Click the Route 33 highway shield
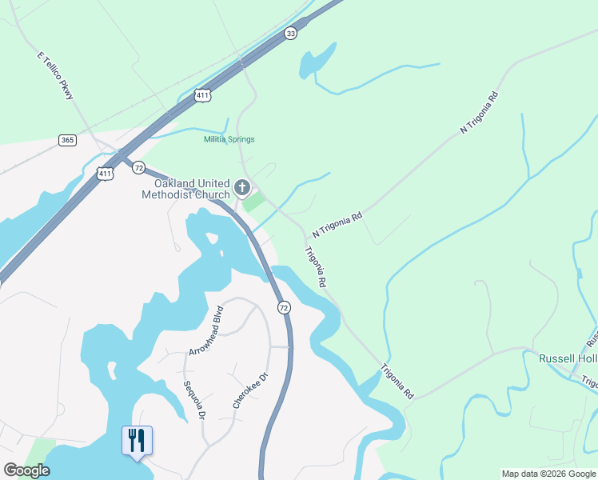point(290,33)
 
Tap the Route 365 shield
point(67,140)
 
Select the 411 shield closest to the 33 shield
point(202,95)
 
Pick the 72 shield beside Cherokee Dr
point(283,307)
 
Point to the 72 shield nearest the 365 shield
point(139,167)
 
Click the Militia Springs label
point(229,139)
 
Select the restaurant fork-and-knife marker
point(137,440)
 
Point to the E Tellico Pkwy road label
point(55,77)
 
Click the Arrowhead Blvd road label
point(205,330)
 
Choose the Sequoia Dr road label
point(195,399)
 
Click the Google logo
point(26,470)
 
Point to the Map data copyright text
point(548,474)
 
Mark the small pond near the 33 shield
point(316,61)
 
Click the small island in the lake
point(212,238)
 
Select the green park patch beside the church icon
point(253,202)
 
